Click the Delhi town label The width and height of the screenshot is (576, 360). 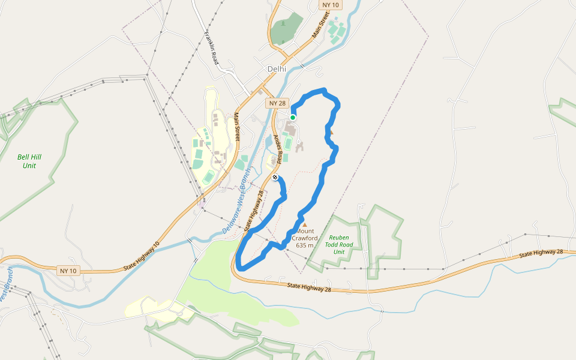pos(277,69)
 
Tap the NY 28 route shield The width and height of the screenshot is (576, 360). pos(278,103)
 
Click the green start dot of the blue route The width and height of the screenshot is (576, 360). pos(293,117)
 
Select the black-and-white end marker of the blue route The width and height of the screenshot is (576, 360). pos(275,178)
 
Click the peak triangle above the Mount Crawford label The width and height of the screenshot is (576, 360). pos(304,225)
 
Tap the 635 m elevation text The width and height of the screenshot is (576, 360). pos(305,245)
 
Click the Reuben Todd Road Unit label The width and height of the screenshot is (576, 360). pos(339,244)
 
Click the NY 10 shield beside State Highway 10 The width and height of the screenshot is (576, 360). pos(68,271)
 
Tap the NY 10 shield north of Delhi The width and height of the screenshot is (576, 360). pos(331,5)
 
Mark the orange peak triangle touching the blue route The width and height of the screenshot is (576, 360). pos(331,131)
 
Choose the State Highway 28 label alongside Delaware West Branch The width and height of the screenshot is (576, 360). pos(254,211)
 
